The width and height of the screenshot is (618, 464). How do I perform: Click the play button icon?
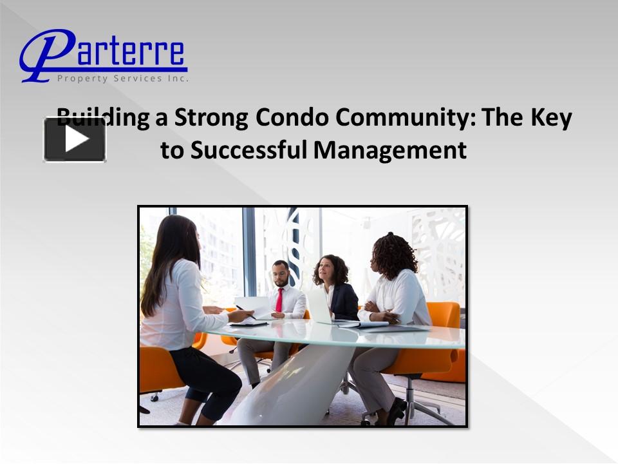coord(75,139)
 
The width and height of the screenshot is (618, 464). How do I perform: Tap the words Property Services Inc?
coord(123,78)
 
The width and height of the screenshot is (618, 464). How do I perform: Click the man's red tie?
coord(279,300)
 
